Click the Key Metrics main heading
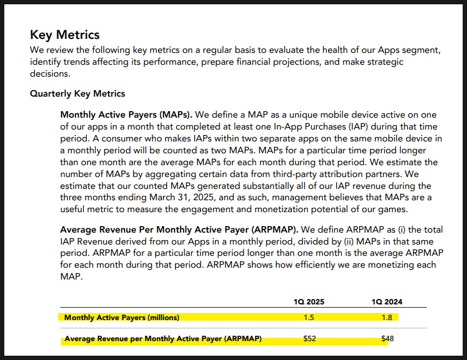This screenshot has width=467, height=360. tap(65, 35)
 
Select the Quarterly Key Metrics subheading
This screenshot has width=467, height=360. tap(78, 93)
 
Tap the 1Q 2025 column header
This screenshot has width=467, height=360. tap(309, 302)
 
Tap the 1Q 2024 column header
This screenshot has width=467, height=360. tap(387, 302)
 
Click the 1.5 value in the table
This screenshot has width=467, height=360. tap(309, 317)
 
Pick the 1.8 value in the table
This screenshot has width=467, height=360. tap(387, 317)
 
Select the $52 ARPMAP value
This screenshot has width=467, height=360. tap(310, 338)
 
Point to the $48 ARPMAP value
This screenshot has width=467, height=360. tap(388, 338)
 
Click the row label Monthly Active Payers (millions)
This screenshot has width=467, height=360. tap(122, 318)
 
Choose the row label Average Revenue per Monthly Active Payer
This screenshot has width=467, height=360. tap(163, 339)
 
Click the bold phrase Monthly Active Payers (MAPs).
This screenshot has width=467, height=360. tap(126, 115)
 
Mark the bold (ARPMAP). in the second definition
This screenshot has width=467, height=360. tap(274, 230)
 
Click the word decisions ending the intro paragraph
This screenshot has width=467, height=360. tap(50, 73)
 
